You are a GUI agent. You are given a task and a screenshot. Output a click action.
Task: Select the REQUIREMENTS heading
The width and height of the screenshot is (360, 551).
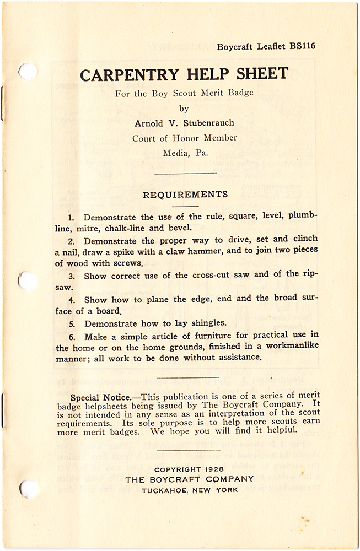(185, 195)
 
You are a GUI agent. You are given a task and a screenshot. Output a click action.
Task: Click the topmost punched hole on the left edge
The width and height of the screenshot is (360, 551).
(27, 71)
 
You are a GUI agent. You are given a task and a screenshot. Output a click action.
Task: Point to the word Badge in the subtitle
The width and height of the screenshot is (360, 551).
(240, 93)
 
